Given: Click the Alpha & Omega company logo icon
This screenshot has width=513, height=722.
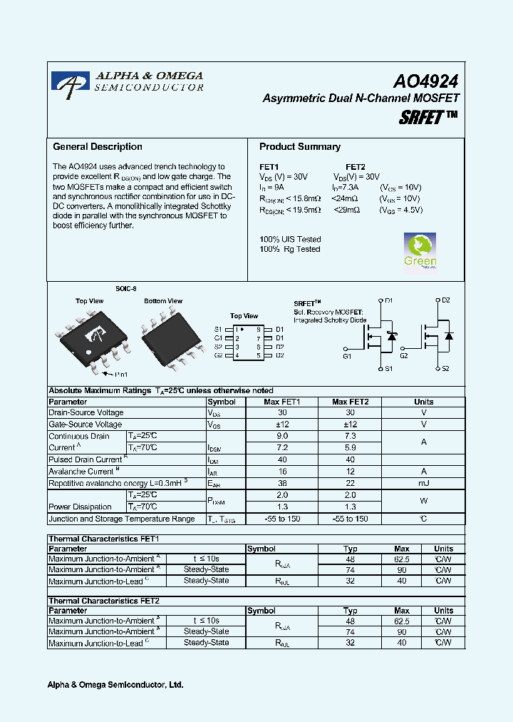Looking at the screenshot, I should [x=71, y=84].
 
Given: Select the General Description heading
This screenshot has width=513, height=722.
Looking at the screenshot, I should [x=98, y=147].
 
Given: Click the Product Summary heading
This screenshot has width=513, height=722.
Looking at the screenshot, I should [x=300, y=147].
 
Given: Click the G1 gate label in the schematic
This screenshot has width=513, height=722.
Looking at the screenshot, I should [x=347, y=355].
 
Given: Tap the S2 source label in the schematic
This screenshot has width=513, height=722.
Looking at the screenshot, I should [x=445, y=369].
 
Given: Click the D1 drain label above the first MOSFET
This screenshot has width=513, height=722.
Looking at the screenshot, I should [x=389, y=301].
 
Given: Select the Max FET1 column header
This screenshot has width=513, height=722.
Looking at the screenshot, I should [x=281, y=402].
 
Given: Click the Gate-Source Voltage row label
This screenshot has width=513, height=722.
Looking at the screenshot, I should [x=85, y=424].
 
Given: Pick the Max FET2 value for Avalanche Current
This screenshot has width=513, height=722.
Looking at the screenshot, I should [x=350, y=472].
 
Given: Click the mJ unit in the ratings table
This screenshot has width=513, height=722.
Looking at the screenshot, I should [x=423, y=483].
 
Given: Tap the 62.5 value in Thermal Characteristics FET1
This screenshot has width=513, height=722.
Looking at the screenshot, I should [x=402, y=559].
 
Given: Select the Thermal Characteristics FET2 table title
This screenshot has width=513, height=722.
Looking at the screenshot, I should [x=103, y=601].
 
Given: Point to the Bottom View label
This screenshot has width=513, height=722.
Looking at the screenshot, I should [x=163, y=301].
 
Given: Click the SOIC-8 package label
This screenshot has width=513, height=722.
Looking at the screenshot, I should [x=126, y=289].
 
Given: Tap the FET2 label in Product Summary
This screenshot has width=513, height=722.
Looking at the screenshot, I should [x=355, y=167].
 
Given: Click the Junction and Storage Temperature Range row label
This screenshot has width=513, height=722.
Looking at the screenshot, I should [x=121, y=519].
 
